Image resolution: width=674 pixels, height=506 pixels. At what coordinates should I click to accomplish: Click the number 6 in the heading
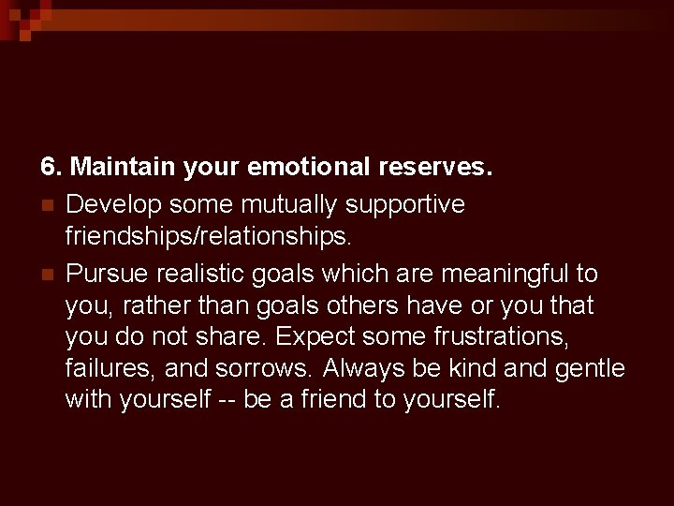[x=48, y=169]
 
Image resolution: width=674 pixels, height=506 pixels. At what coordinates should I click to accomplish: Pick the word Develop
[x=111, y=204]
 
